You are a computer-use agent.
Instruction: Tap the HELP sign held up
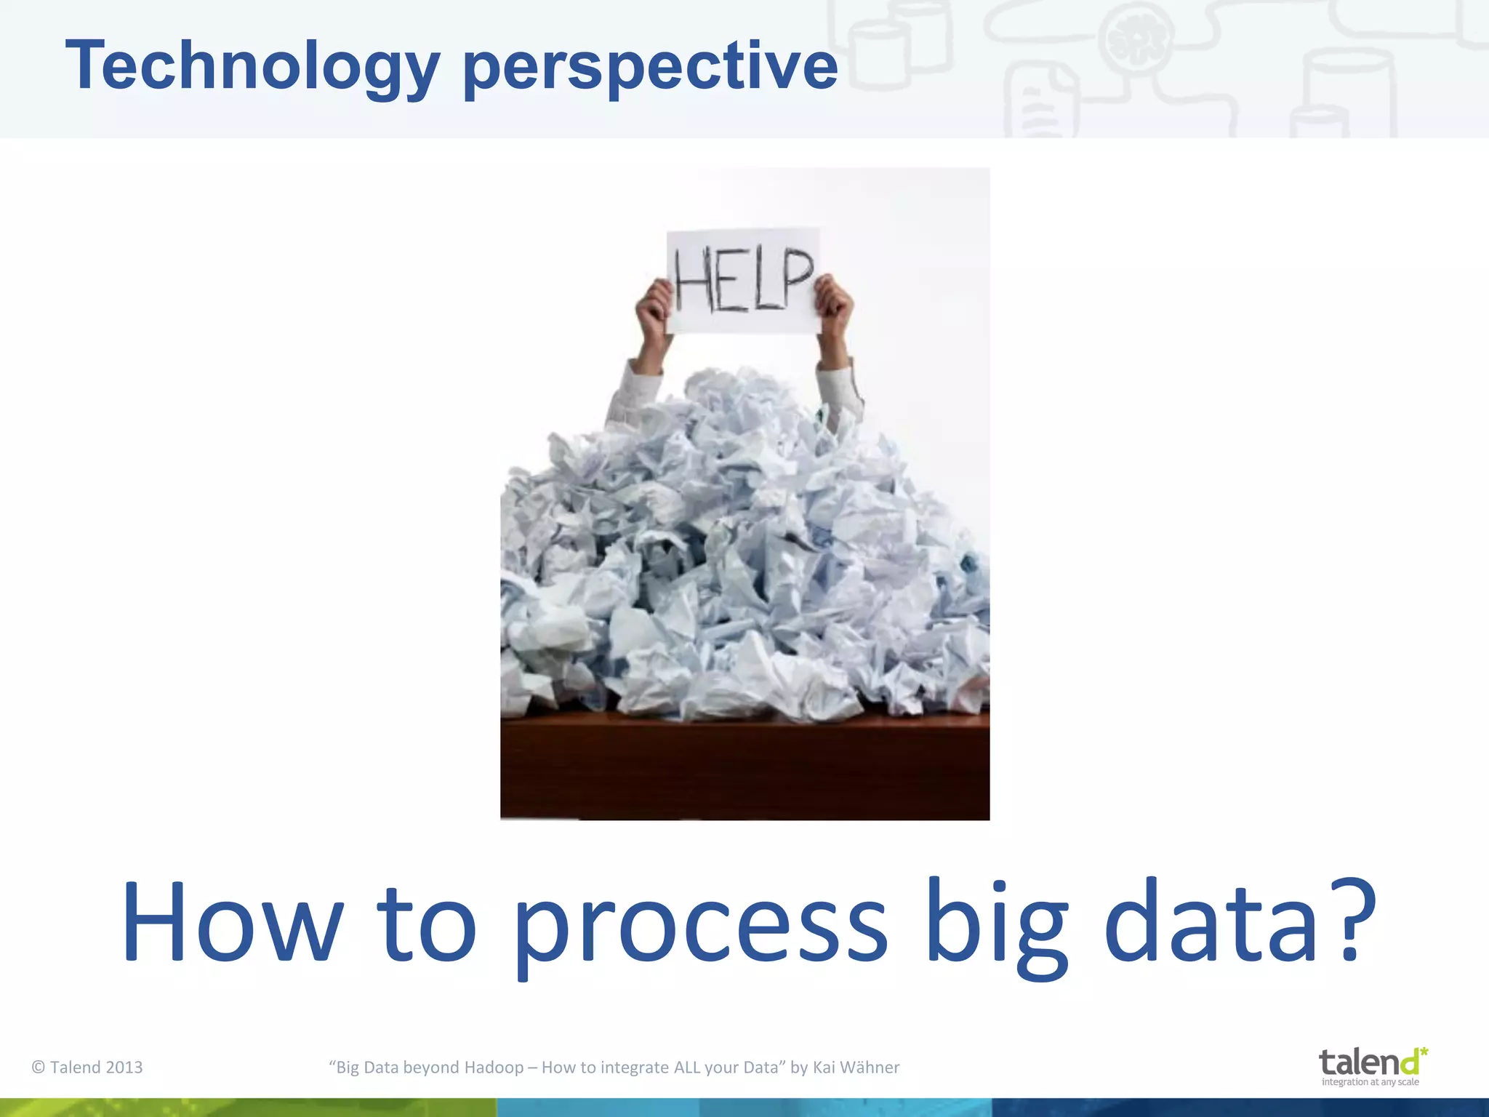pyautogui.click(x=743, y=281)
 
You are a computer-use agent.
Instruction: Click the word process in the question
pyautogui.click(x=701, y=927)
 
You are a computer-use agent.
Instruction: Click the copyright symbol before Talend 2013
pyautogui.click(x=39, y=1067)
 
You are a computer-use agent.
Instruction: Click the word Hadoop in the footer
pyautogui.click(x=494, y=1067)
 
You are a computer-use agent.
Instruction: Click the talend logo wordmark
pyautogui.click(x=1367, y=1062)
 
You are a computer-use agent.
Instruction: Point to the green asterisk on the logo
pyautogui.click(x=1423, y=1052)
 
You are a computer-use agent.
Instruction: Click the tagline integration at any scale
pyautogui.click(x=1370, y=1082)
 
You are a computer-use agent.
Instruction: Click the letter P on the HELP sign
pyautogui.click(x=798, y=276)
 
